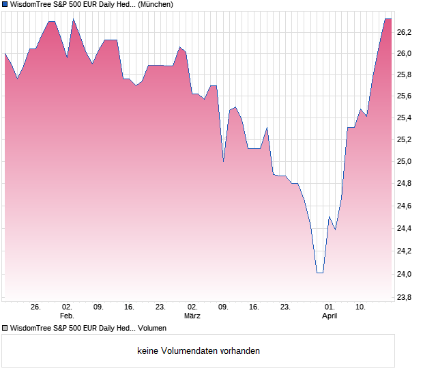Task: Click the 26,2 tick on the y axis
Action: (x=405, y=31)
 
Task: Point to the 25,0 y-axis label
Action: (x=405, y=162)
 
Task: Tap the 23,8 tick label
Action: (x=405, y=297)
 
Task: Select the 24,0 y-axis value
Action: (x=405, y=274)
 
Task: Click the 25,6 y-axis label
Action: (x=405, y=96)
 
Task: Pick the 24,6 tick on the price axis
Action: (x=405, y=206)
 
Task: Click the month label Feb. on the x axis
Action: (x=67, y=316)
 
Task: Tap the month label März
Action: (x=192, y=316)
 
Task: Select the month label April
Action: (x=330, y=316)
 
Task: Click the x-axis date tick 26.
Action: (x=36, y=307)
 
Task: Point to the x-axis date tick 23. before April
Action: (x=286, y=307)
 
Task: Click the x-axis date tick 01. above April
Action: (x=330, y=307)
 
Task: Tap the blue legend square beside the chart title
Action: (x=5, y=4)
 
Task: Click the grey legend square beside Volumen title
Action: (x=5, y=328)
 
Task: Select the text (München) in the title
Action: (x=155, y=4)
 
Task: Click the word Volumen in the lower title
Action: (x=152, y=328)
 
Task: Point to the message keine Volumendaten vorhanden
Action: (x=199, y=351)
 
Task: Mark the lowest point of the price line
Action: (x=319, y=273)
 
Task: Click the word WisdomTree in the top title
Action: (x=31, y=4)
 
